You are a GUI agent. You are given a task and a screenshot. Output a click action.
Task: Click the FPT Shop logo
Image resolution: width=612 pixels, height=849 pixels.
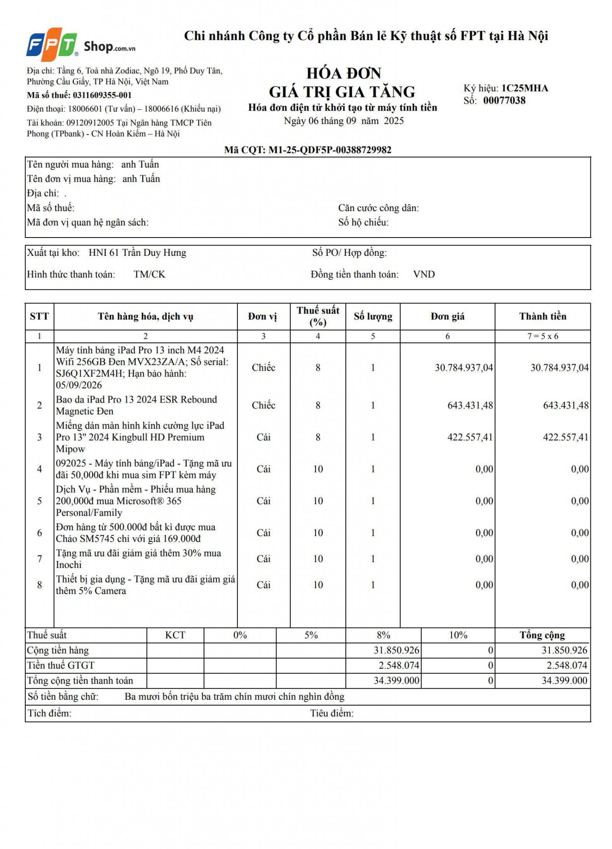point(80,42)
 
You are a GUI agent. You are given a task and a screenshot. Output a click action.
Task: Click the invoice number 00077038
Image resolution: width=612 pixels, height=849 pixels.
point(504,101)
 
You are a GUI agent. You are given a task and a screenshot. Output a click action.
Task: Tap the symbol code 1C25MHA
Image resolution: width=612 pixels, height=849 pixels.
point(525,88)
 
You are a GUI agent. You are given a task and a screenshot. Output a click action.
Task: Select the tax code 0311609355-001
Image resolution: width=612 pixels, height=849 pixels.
point(102,95)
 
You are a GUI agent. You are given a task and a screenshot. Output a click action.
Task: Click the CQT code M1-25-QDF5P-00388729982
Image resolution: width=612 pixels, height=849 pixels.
point(330,150)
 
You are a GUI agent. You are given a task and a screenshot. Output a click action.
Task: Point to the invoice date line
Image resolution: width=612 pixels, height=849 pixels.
point(343,121)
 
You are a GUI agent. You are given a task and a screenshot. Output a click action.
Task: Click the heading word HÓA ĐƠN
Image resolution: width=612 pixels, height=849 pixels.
point(343,73)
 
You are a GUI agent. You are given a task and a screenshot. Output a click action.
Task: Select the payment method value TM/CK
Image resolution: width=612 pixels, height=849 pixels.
point(149,274)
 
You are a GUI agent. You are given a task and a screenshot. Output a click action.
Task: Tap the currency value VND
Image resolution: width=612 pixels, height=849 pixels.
point(424,274)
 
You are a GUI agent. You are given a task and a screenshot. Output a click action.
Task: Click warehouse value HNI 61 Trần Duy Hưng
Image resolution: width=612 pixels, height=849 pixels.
point(137,253)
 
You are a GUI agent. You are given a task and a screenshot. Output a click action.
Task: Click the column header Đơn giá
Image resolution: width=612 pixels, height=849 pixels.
point(447,317)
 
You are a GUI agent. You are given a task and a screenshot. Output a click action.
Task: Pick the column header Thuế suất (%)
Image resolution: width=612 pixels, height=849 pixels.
point(318,316)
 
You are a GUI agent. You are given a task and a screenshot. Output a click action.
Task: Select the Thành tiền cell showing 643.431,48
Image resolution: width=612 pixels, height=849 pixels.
point(566,405)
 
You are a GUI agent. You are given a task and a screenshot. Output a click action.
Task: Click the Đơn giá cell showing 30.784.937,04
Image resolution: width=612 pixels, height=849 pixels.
point(464,368)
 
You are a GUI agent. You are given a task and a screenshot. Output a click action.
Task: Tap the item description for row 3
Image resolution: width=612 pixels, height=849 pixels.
point(140,437)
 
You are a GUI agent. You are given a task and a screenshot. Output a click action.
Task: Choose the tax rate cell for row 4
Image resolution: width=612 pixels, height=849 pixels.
point(318,469)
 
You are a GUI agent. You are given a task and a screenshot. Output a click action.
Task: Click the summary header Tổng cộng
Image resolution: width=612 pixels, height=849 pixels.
point(542,636)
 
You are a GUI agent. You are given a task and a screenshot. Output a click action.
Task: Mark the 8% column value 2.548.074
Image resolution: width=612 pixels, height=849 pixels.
point(398,666)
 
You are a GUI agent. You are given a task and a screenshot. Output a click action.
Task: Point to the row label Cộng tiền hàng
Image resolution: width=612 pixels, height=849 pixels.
point(58,650)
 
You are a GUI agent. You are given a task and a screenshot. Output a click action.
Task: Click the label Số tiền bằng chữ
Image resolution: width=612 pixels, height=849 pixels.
point(63,697)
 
